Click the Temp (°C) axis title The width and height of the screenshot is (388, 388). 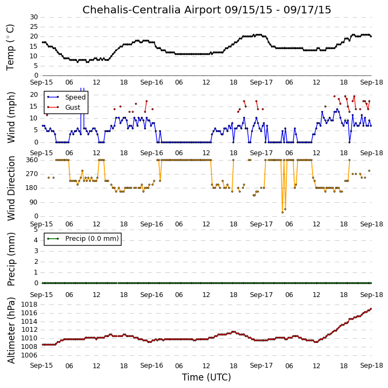10,47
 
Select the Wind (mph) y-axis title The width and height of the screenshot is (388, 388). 11,118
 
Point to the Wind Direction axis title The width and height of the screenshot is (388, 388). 11,188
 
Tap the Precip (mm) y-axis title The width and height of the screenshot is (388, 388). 11,259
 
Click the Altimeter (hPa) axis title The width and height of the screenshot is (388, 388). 11,330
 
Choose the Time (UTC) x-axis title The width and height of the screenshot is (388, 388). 207,377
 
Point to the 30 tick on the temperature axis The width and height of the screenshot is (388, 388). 34,17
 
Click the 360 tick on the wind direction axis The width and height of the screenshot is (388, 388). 32,160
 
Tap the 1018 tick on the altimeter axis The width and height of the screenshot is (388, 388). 29,305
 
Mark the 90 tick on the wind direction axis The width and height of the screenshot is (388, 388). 34,202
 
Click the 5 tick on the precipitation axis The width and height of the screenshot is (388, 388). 36,230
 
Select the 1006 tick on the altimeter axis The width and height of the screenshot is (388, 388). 29,355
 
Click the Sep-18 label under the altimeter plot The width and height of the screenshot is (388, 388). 371,366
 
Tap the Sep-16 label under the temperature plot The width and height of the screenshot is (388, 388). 151,82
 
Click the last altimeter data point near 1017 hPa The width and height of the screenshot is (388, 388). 371,309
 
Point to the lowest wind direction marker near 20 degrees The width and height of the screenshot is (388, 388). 283,212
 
